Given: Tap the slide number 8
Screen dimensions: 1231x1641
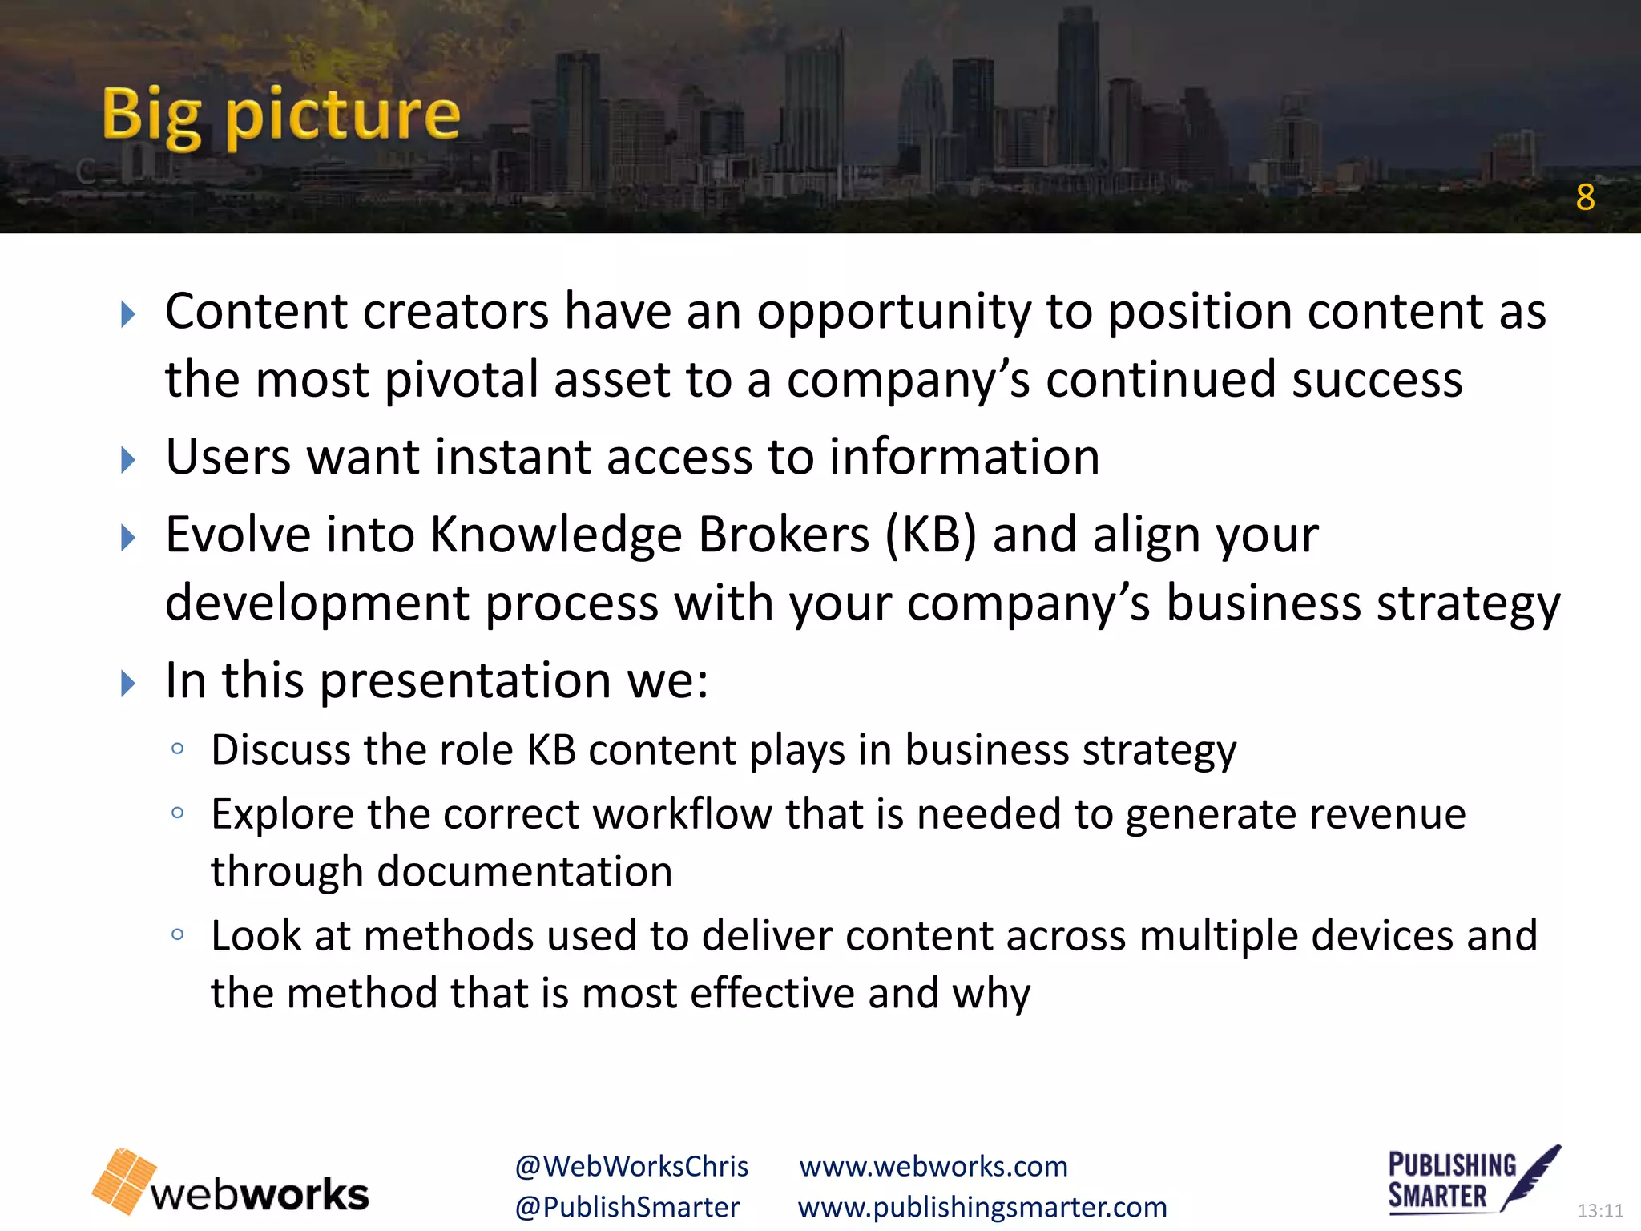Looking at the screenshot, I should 1585,197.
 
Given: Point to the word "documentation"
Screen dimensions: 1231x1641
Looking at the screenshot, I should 525,872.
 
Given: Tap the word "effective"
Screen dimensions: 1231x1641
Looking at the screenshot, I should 772,994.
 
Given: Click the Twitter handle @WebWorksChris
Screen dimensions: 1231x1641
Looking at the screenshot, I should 631,1167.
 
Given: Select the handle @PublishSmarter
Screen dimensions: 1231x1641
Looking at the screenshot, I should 627,1208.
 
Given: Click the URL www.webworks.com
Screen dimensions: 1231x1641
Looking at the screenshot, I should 933,1167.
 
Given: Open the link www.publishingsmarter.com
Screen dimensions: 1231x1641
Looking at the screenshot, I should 982,1208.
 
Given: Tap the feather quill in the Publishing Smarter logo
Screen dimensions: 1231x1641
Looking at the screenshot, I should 1532,1175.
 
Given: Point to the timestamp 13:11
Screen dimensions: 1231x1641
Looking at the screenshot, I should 1599,1210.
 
